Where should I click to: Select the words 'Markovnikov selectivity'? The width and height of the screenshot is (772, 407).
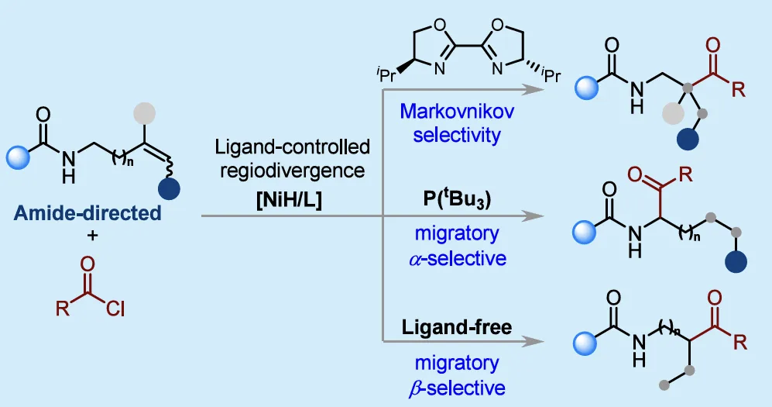(450, 122)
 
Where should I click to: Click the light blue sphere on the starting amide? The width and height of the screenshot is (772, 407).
(18, 158)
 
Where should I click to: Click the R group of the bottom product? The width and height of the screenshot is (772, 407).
(739, 340)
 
